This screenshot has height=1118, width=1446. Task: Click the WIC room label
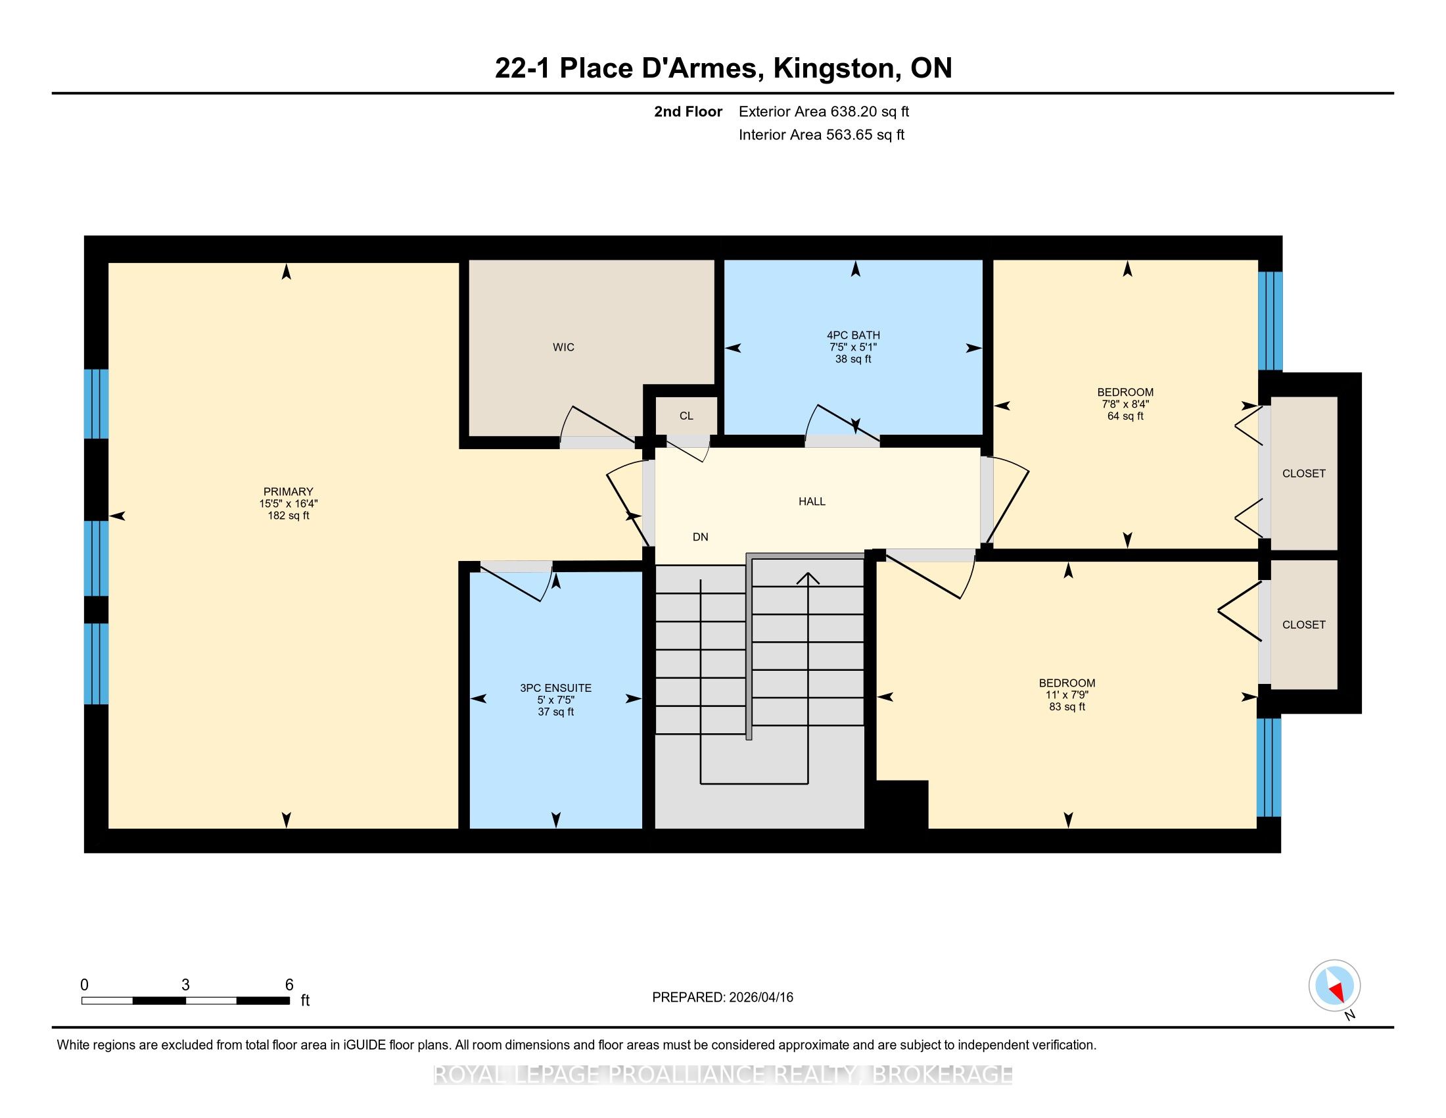pyautogui.click(x=563, y=347)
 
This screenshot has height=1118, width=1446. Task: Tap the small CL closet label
pyautogui.click(x=686, y=416)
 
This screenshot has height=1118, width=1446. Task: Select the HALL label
pyautogui.click(x=812, y=501)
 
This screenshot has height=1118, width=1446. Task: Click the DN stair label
pyautogui.click(x=701, y=537)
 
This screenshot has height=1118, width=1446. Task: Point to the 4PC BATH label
pyautogui.click(x=853, y=335)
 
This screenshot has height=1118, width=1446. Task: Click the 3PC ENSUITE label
pyautogui.click(x=555, y=688)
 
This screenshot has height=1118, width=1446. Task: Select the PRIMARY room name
pyautogui.click(x=288, y=491)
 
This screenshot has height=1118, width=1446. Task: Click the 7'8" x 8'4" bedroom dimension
pyautogui.click(x=1125, y=404)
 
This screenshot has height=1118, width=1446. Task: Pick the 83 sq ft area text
pyautogui.click(x=1067, y=707)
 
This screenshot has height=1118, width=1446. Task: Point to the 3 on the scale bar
pyautogui.click(x=185, y=985)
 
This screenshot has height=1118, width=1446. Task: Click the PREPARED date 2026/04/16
pyautogui.click(x=760, y=998)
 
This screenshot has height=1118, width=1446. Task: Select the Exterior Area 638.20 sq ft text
pyautogui.click(x=824, y=112)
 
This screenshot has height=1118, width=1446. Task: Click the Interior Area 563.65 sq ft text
pyautogui.click(x=822, y=135)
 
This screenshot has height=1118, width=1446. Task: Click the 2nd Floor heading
pyautogui.click(x=688, y=112)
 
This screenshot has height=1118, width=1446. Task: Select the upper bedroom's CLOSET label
pyautogui.click(x=1303, y=474)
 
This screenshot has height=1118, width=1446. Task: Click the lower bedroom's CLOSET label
pyautogui.click(x=1303, y=625)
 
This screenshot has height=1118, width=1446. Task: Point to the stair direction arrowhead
pyautogui.click(x=808, y=577)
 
